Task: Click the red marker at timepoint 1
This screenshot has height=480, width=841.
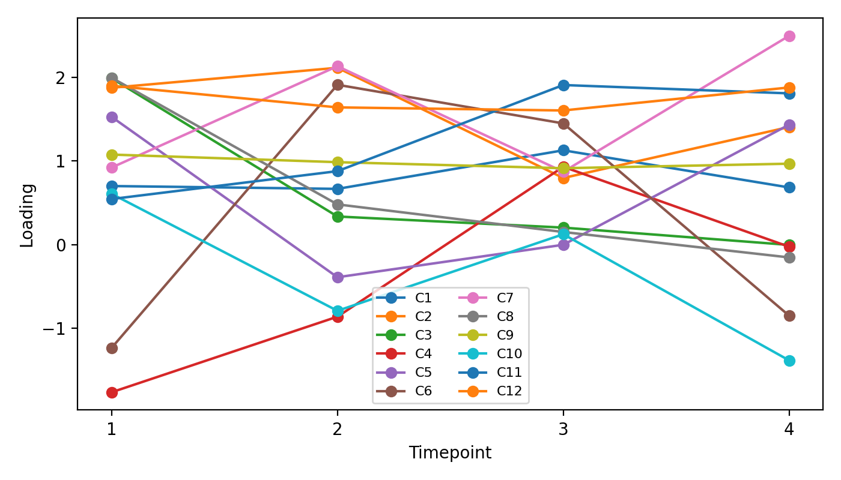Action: click(112, 392)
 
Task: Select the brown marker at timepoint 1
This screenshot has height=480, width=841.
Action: click(112, 348)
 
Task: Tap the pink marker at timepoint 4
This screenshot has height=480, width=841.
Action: click(789, 36)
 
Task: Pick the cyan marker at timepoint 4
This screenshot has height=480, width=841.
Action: click(789, 361)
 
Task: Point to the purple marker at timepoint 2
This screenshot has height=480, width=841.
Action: click(338, 277)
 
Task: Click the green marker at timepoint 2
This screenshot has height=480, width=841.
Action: click(338, 217)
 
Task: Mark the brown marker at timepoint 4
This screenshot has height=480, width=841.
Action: click(789, 316)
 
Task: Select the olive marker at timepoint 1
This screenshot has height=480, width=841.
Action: click(112, 155)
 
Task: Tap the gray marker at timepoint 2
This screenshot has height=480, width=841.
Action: click(338, 205)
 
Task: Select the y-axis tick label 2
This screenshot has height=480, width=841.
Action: click(65, 78)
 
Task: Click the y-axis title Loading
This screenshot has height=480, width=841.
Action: click(27, 215)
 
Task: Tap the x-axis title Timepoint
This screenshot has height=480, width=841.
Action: click(450, 453)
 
